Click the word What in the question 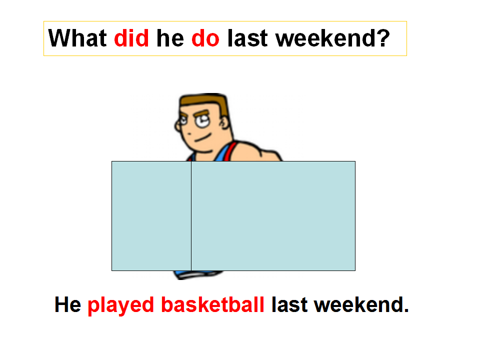click(x=77, y=38)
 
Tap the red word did click(x=131, y=38)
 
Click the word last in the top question click(x=247, y=38)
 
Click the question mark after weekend click(x=383, y=38)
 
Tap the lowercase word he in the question click(x=170, y=38)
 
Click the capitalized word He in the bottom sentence click(x=67, y=304)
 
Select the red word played click(x=120, y=306)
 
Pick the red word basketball click(x=213, y=304)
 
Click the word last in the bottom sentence click(x=289, y=304)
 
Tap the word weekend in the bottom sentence click(x=358, y=304)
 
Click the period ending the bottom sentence click(x=406, y=310)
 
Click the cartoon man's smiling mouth click(x=203, y=138)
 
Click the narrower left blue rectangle click(x=151, y=216)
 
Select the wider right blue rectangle click(x=273, y=216)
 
